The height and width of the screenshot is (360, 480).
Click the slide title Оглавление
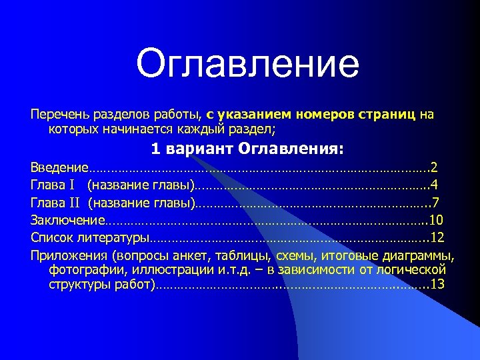point(247,64)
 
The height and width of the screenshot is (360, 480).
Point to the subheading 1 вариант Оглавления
point(247,147)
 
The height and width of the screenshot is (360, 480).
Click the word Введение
point(59,167)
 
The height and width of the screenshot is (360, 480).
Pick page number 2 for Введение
point(435,167)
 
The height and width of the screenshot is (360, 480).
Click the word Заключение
point(67,220)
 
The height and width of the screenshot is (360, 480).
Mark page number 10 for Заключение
point(437,220)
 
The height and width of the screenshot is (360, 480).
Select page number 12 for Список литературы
point(438,237)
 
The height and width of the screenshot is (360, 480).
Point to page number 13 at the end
point(438,285)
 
